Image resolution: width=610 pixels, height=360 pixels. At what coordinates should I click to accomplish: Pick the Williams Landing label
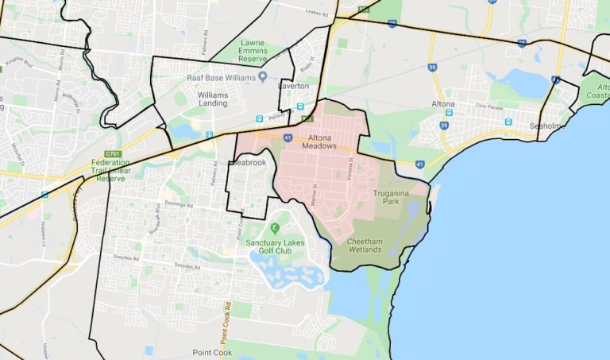(213, 99)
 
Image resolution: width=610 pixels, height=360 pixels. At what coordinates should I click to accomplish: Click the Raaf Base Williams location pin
(263, 77)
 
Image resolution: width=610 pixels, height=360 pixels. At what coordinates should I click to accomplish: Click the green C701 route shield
(112, 154)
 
